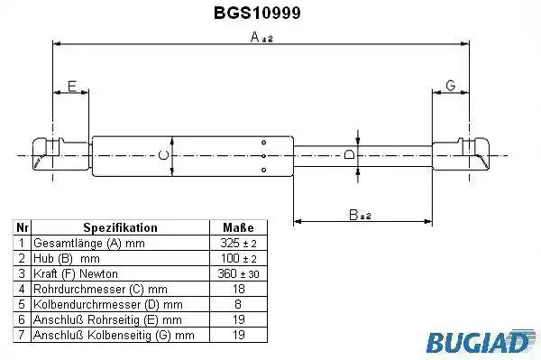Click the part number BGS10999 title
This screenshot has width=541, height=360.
pos(257,14)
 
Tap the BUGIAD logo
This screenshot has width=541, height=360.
pos(481,341)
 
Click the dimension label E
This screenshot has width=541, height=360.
pos(72,86)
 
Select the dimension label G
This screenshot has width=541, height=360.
pos(451,85)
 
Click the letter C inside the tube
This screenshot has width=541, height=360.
pos(163,155)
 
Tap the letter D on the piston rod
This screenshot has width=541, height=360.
pos(349,154)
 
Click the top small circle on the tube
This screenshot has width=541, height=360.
pos(264,143)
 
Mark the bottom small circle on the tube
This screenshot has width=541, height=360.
pos(264,170)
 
